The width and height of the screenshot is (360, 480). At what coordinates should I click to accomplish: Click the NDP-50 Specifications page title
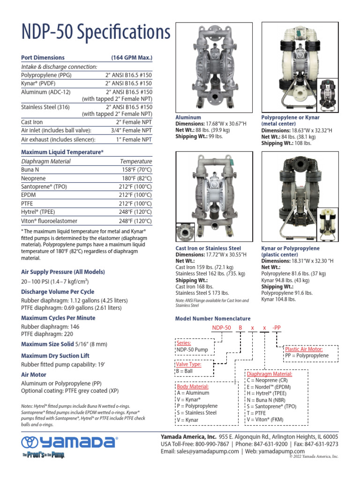click(x=96, y=33)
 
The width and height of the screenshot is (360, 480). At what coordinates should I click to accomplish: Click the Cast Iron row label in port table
click(x=32, y=122)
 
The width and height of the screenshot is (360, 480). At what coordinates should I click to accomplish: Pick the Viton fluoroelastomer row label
click(x=49, y=221)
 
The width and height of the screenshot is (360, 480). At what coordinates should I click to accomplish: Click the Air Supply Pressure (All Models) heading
click(x=63, y=272)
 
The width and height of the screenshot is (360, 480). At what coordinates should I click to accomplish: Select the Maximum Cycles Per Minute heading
click(x=58, y=318)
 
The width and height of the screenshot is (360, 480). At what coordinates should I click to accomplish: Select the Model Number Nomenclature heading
click(x=213, y=319)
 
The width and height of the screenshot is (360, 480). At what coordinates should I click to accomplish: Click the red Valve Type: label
click(x=188, y=364)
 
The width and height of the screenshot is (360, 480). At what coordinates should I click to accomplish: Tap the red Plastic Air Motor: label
click(x=304, y=349)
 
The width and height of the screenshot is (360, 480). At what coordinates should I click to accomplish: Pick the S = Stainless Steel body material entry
click(x=196, y=413)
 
